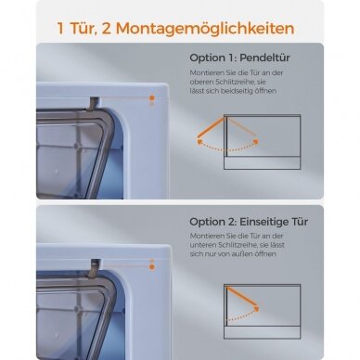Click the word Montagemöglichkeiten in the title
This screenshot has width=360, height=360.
(205, 29)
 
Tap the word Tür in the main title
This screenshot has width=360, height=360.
(81, 29)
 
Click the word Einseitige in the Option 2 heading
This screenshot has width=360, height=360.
(261, 222)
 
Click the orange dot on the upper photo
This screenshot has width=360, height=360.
(152, 97)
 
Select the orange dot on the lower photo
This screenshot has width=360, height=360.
(152, 267)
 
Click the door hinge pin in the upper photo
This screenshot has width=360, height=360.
(94, 104)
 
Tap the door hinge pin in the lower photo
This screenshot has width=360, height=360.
(94, 267)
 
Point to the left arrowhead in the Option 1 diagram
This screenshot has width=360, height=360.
(199, 142)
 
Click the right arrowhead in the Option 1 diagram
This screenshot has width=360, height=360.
(255, 141)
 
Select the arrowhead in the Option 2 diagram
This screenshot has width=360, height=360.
(256, 308)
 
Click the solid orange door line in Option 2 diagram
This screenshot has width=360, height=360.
(242, 296)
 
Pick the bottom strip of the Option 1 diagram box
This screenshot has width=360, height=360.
(263, 163)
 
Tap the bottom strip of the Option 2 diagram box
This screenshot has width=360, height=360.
(263, 332)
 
